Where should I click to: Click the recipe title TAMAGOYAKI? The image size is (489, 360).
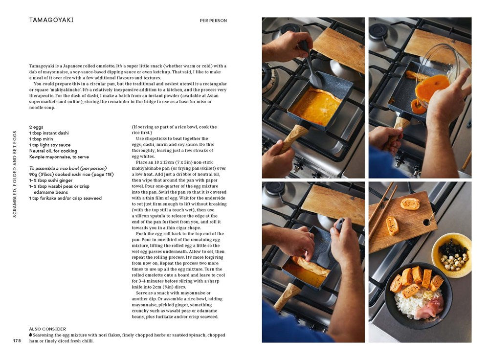coord(51,20)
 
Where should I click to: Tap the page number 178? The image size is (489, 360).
coord(17,340)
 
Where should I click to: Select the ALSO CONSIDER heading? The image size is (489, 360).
coord(47,329)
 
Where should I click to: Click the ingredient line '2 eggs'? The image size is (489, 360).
coord(36,127)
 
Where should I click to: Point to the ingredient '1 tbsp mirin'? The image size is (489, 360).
coord(42,139)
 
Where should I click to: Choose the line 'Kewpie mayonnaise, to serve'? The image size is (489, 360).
coord(59,157)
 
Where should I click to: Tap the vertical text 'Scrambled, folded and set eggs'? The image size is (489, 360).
coord(15,174)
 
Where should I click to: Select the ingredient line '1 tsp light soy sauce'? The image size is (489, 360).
coord(50,145)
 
